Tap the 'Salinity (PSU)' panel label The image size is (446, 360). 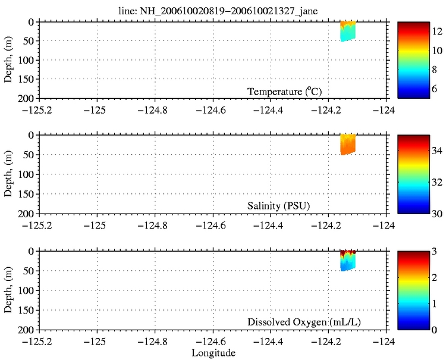coord(279,206)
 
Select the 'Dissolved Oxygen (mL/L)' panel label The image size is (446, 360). coord(304,323)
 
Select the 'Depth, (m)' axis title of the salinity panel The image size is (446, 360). coord(8,174)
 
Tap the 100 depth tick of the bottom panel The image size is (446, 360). coord(27,290)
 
